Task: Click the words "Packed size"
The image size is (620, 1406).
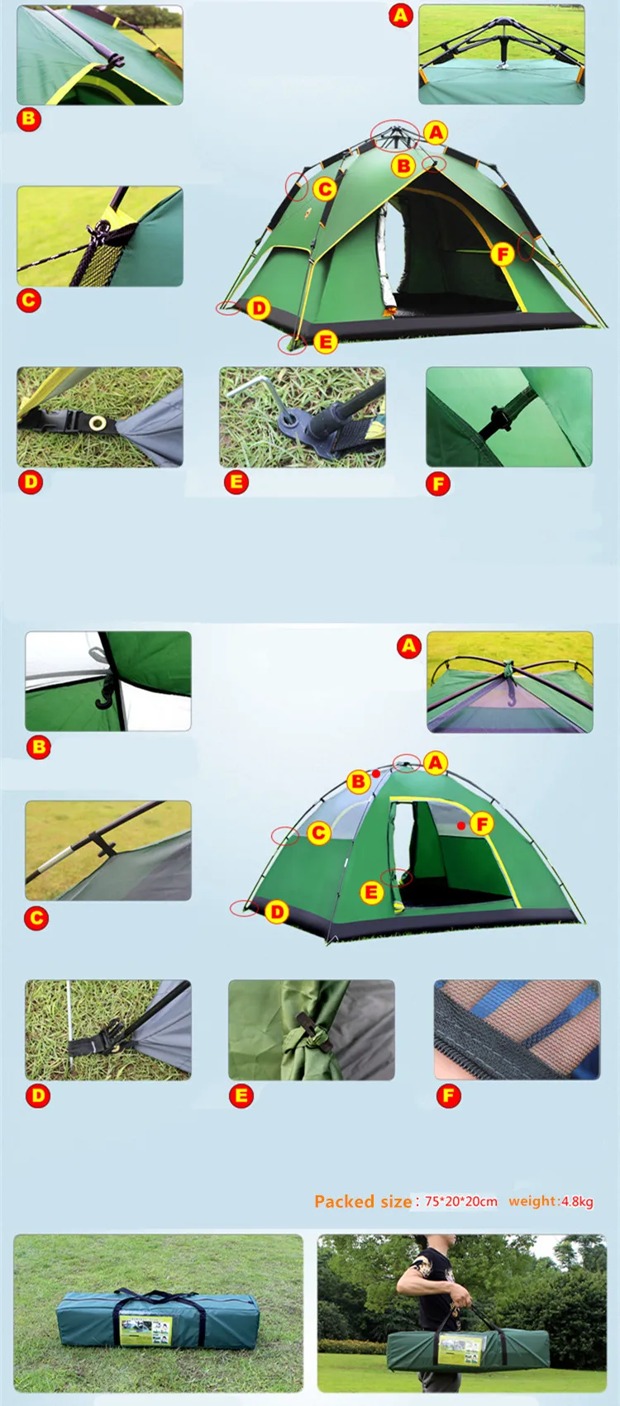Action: pos(362,1201)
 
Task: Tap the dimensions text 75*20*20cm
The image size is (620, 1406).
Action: pos(461,1201)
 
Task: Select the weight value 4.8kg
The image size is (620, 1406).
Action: pos(577,1201)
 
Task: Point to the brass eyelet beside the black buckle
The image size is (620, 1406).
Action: pos(97,422)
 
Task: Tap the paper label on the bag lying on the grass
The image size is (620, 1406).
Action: pos(145,1329)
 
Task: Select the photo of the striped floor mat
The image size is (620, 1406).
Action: pos(517,1029)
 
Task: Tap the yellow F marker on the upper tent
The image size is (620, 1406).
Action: pos(503,254)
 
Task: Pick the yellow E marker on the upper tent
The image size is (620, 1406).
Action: pos(326,341)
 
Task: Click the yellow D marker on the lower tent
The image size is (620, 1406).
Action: pos(277,911)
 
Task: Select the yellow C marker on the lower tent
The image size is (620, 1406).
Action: pos(318,833)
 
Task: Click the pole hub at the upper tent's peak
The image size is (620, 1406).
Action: pos(394,132)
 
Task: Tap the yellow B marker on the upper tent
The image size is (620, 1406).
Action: pos(403,166)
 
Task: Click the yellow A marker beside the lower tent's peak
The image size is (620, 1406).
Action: pos(436,763)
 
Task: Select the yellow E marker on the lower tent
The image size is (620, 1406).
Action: pos(371,892)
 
